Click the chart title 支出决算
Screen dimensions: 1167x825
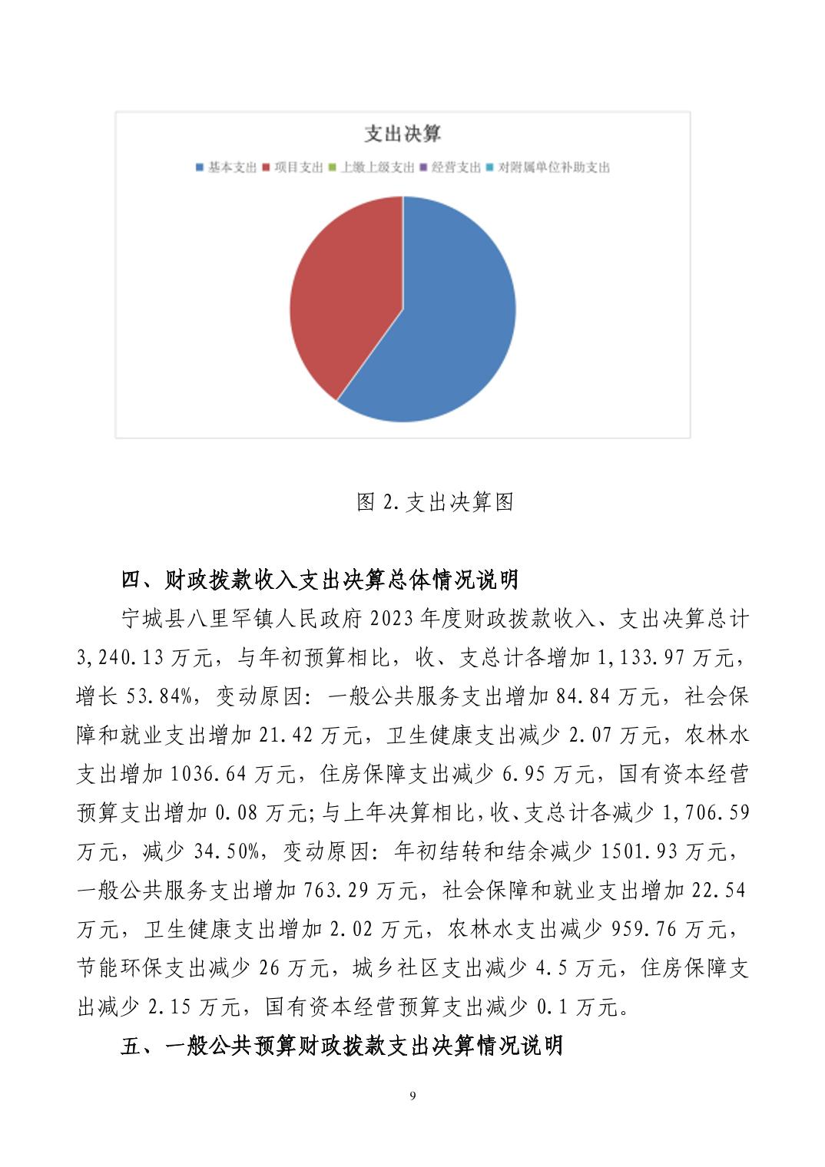403,134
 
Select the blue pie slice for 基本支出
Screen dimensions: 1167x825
453,315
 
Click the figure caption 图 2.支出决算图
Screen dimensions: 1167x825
435,502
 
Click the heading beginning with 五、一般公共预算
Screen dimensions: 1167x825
342,1045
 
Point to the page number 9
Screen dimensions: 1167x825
413,1096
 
